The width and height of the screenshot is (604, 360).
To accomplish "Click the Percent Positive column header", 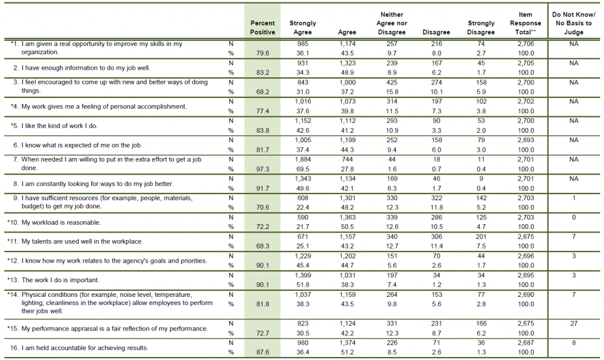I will [262, 28].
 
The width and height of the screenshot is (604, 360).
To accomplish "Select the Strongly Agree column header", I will [303, 28].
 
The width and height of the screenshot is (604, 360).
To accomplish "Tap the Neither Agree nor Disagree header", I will [392, 23].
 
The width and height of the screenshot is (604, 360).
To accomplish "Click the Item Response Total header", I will [525, 23].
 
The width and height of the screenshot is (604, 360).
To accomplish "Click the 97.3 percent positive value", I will [262, 168].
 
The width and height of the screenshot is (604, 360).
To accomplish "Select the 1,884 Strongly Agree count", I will [303, 159].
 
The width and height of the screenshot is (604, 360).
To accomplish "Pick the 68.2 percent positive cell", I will [262, 91].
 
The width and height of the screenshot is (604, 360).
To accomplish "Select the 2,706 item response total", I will [525, 44].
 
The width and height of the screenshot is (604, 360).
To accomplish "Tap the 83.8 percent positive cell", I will [262, 129].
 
